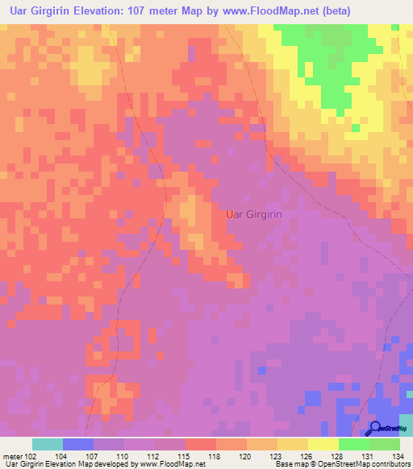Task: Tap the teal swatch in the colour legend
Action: point(47,444)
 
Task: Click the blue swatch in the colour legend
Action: point(77,444)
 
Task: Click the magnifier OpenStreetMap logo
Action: point(376,428)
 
